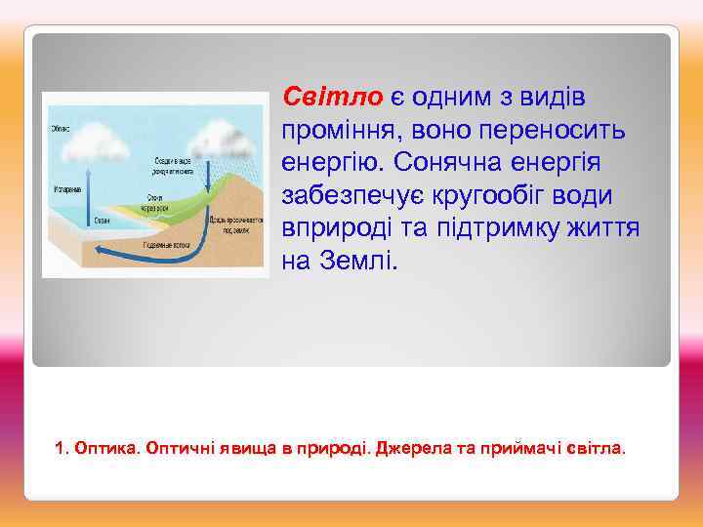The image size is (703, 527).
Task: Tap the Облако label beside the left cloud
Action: coord(60,126)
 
